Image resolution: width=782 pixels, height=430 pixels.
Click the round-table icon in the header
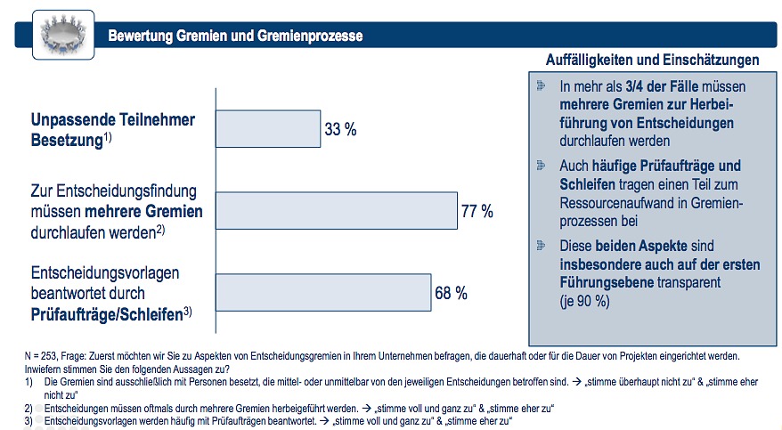point(63,35)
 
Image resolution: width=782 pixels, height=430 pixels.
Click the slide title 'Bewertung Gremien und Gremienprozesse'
point(235,36)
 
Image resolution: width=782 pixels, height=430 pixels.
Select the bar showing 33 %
point(268,129)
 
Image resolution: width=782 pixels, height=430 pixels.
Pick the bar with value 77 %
point(337,211)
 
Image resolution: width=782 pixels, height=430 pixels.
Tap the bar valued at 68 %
point(323,293)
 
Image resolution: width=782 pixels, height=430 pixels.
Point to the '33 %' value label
point(340,130)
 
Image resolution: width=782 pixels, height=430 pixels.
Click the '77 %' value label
point(477,211)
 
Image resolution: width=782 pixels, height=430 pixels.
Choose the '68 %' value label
point(451,293)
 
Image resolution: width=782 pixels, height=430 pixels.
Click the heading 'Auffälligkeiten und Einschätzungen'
point(652,61)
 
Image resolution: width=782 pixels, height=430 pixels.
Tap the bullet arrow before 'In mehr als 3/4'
point(542,85)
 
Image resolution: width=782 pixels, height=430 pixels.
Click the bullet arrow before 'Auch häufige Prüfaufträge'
point(542,165)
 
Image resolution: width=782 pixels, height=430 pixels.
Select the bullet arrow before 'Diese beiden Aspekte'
point(542,245)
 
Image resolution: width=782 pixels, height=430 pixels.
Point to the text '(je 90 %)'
point(584,302)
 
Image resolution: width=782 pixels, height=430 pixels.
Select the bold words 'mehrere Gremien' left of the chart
point(143,211)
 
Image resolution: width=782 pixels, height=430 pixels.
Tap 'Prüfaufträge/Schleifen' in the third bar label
point(107,315)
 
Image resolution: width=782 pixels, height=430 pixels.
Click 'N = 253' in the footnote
point(41,357)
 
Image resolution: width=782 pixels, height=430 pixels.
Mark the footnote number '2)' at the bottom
point(29,409)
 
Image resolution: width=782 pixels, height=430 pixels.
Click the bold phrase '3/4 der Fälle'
point(662,86)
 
